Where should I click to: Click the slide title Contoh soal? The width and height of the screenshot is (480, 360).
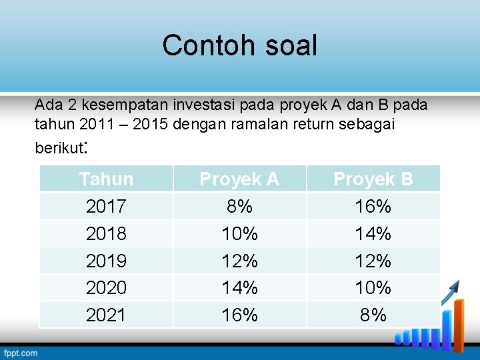pyautogui.click(x=239, y=45)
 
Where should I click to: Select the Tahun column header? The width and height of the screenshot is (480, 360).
pyautogui.click(x=106, y=179)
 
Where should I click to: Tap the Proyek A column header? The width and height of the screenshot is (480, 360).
pyautogui.click(x=239, y=179)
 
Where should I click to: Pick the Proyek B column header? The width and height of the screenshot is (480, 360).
pyautogui.click(x=373, y=179)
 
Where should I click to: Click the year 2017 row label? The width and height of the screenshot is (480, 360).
pyautogui.click(x=106, y=206)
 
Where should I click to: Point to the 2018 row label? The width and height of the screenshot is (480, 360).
pyautogui.click(x=106, y=233)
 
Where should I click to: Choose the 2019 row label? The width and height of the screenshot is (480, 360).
pyautogui.click(x=106, y=261)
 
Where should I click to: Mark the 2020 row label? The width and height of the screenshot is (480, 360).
pyautogui.click(x=106, y=287)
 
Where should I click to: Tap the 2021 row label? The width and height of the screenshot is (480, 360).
pyautogui.click(x=106, y=315)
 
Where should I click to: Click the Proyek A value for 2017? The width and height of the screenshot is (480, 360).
pyautogui.click(x=239, y=206)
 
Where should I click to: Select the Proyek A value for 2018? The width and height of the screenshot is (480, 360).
pyautogui.click(x=239, y=233)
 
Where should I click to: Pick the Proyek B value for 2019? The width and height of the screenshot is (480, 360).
pyautogui.click(x=373, y=261)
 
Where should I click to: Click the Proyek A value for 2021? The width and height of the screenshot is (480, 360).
pyautogui.click(x=239, y=315)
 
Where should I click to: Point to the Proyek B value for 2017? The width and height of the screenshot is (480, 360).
pyautogui.click(x=373, y=206)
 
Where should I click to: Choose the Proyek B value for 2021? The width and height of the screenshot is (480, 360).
pyautogui.click(x=373, y=315)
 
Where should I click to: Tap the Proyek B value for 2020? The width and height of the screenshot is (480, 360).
pyautogui.click(x=373, y=287)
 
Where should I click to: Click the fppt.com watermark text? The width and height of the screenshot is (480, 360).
pyautogui.click(x=21, y=353)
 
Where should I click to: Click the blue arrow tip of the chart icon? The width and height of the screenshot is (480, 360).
pyautogui.click(x=457, y=285)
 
